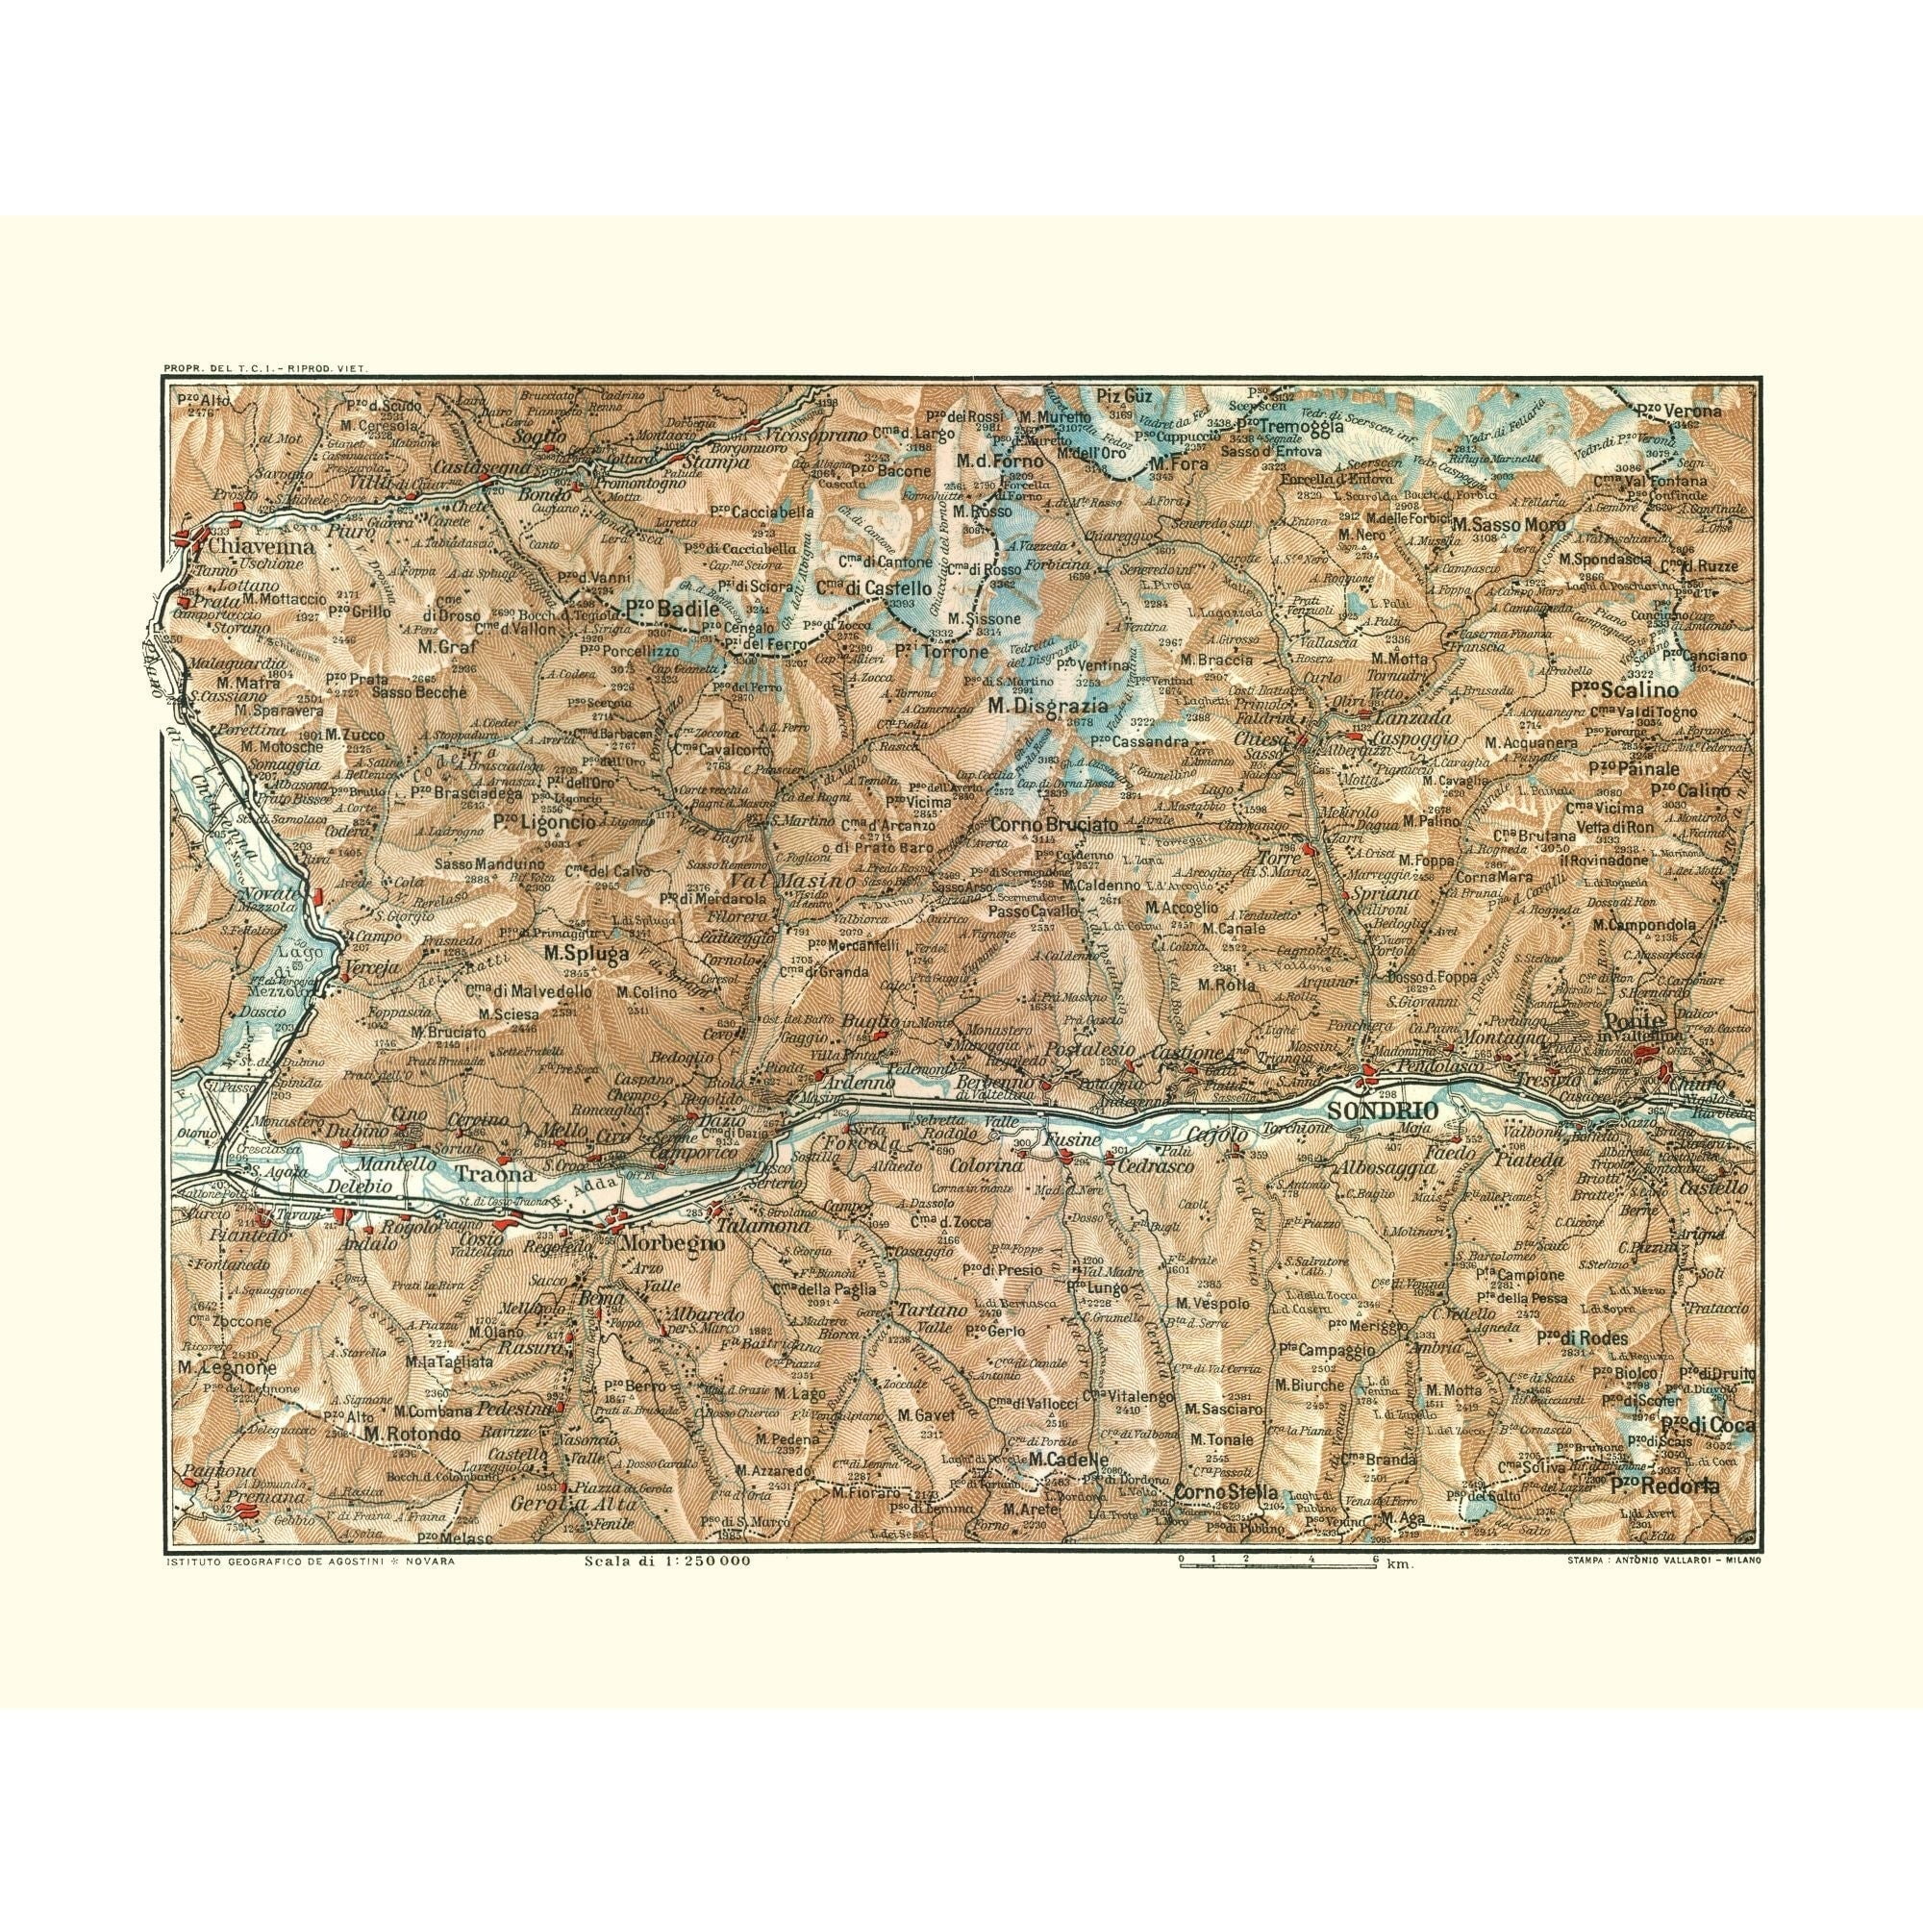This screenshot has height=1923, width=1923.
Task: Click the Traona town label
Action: pos(487,1173)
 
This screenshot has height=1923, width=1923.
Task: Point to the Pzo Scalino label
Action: pos(1624,687)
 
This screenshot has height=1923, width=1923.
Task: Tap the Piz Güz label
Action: pos(1115,395)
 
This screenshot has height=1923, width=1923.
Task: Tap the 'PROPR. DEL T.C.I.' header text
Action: pos(264,369)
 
